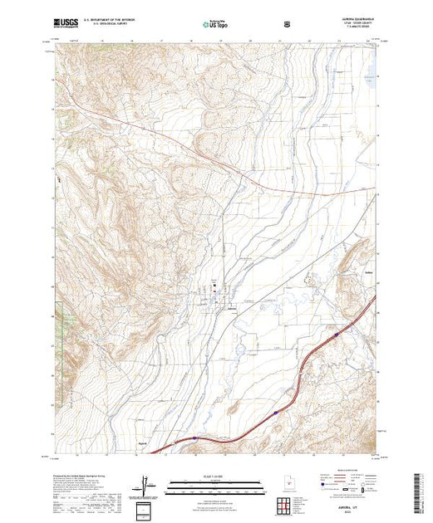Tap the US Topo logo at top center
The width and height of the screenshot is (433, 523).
[x=213, y=24]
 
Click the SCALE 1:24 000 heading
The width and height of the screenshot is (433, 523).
[x=215, y=477]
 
